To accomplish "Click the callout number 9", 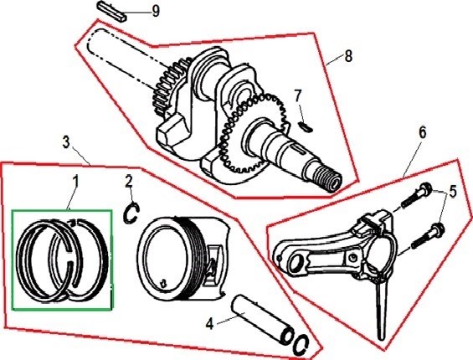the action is tap(156, 12).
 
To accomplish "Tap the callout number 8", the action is tap(348, 56).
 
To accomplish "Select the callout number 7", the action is tap(298, 96).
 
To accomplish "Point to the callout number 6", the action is tap(422, 133).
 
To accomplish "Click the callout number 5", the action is tap(453, 192).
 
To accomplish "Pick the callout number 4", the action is tap(210, 324).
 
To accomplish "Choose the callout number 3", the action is tap(66, 141).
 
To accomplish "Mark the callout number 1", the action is tap(75, 182).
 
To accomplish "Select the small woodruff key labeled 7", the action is tap(306, 126).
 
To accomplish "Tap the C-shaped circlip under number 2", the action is tap(131, 213).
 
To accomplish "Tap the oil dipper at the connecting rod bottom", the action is tap(380, 311).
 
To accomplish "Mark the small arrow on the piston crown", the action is tap(163, 283).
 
